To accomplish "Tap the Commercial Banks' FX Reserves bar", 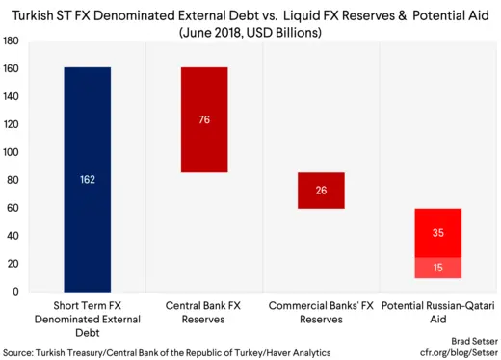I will pyautogui.click(x=320, y=191).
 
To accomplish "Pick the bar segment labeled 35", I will pyautogui.click(x=437, y=232).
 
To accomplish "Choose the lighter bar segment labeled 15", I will pyautogui.click(x=437, y=267).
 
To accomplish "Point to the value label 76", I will pyautogui.click(x=203, y=120).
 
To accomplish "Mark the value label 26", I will pyautogui.click(x=320, y=191).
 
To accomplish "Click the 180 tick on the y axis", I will pyautogui.click(x=12, y=41).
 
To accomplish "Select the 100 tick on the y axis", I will pyautogui.click(x=12, y=152).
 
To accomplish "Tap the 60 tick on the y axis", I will pyautogui.click(x=14, y=208).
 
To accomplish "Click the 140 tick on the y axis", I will pyautogui.click(x=12, y=97).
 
